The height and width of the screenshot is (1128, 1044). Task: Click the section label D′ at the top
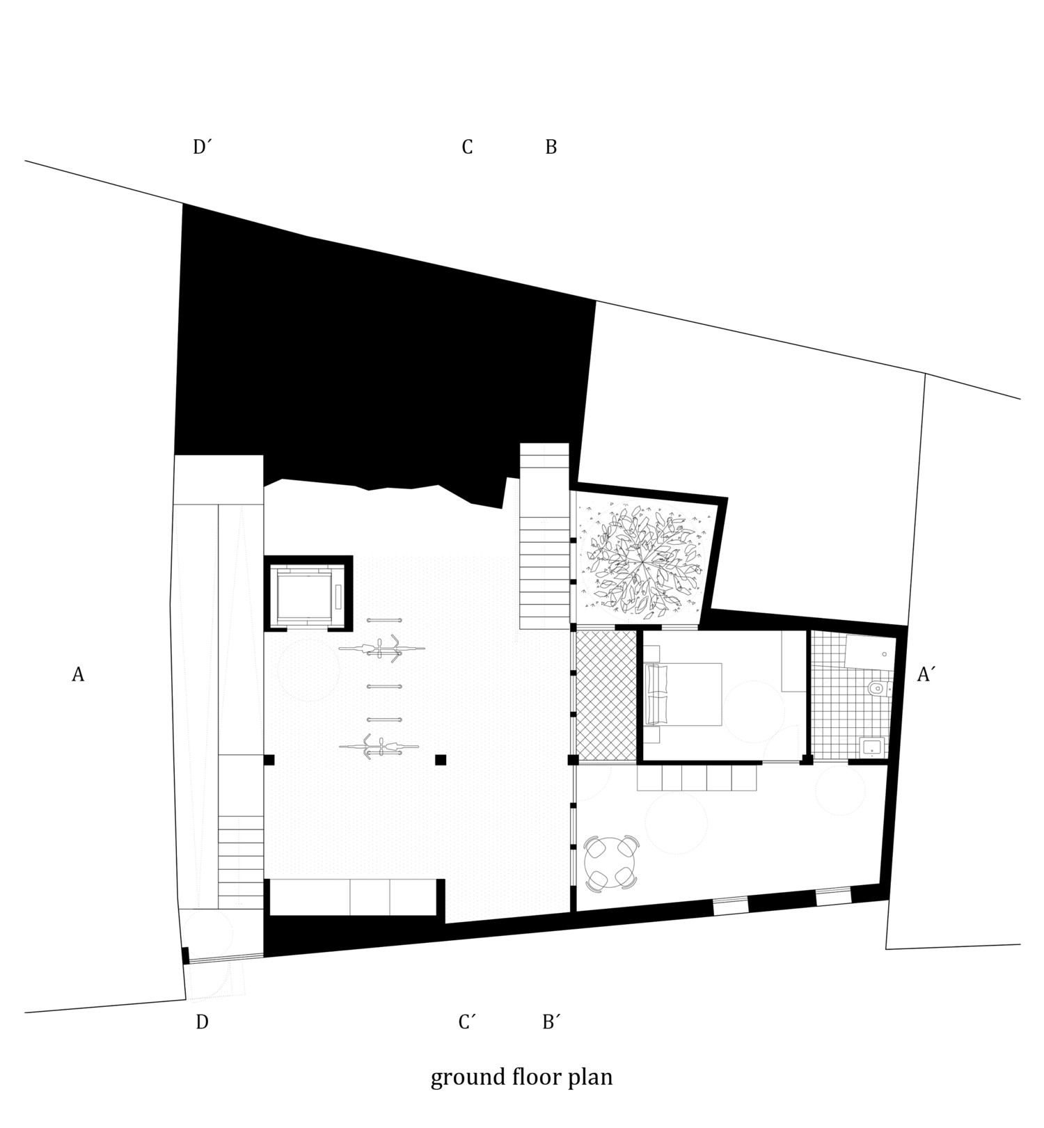pos(203,148)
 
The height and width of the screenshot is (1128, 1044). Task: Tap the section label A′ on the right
pos(925,674)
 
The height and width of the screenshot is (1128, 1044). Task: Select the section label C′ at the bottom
pos(467,1022)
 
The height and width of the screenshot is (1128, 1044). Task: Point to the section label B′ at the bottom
pos(551,1022)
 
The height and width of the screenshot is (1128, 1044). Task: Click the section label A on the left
pos(78,674)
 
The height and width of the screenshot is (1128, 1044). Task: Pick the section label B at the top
pos(551,148)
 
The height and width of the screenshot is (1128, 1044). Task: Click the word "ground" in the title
pos(464,1078)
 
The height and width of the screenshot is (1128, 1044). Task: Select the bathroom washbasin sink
pos(872,747)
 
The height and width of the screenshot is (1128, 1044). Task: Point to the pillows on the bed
pos(656,694)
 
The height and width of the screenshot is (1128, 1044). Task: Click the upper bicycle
pos(381,649)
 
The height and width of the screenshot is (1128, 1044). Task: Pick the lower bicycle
pos(379,747)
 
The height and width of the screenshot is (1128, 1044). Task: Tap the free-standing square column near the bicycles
pos(441,760)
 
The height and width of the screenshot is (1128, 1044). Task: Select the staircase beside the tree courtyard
pos(545,537)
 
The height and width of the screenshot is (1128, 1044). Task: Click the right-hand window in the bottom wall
pos(833,897)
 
